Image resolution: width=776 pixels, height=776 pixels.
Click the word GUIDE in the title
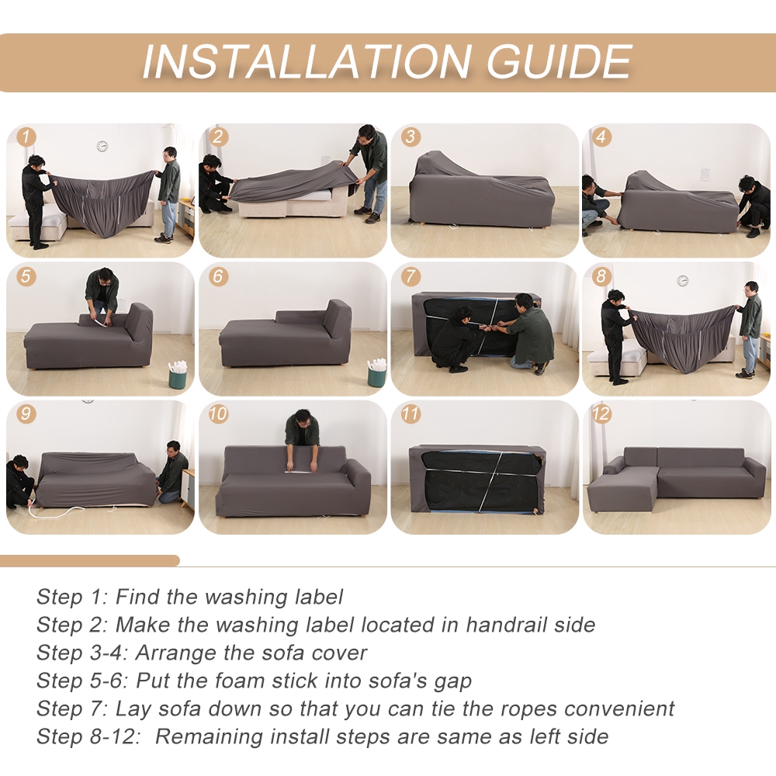pos(559,62)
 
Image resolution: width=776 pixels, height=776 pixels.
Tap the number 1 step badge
pos(26,137)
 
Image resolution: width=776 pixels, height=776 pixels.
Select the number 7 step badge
pos(411,275)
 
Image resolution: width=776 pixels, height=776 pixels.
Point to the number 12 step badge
pos(601,414)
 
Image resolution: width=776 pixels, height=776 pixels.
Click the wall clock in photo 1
pos(102,146)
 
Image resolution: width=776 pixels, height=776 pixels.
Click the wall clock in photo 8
pos(682,281)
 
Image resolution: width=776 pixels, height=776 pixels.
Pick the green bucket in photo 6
pos(376,372)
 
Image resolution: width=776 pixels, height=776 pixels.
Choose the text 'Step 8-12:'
pos(89,736)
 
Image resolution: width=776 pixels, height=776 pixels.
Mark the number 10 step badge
pos(218,414)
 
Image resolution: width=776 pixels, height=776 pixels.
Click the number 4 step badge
pos(601,137)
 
